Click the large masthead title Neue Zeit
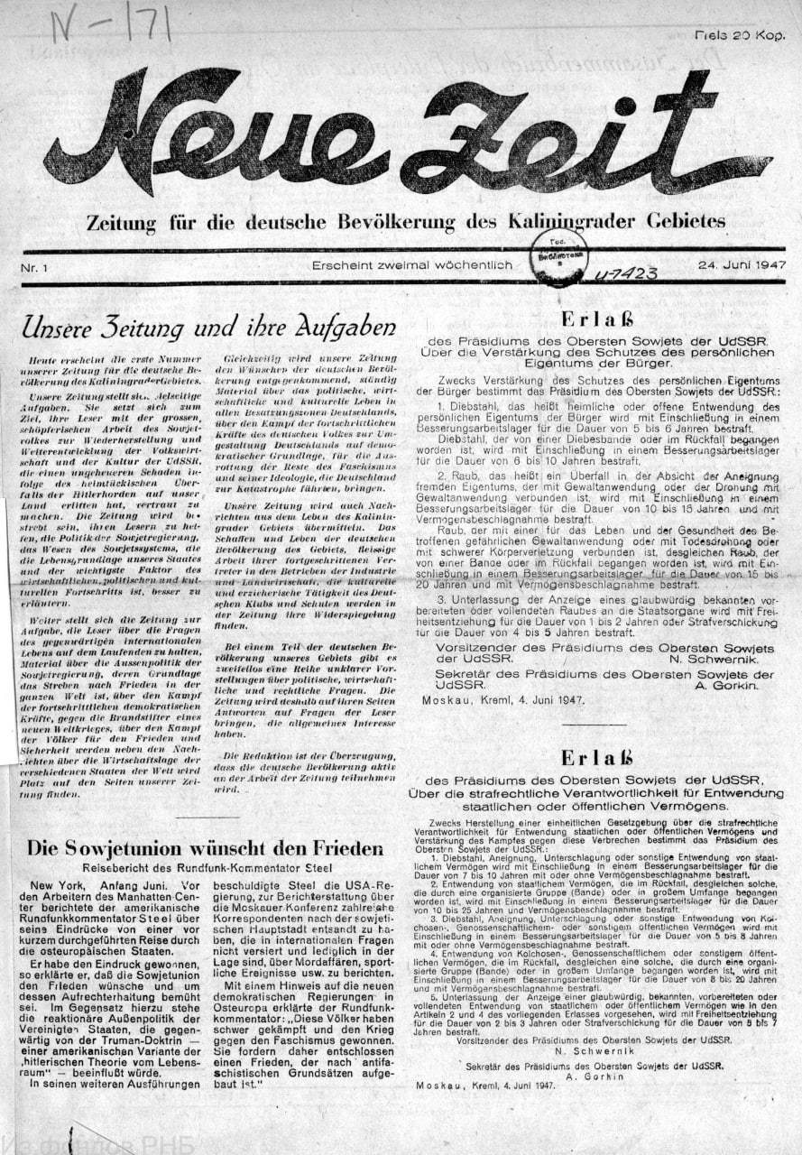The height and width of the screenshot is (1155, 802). click(x=406, y=135)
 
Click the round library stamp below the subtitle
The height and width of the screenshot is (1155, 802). click(x=558, y=256)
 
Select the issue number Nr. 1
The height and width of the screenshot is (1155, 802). click(x=37, y=268)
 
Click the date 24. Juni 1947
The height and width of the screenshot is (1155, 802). click(x=740, y=266)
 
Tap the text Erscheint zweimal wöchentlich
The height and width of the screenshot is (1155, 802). click(x=411, y=265)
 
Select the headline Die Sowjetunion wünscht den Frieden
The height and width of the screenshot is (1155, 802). click(x=205, y=848)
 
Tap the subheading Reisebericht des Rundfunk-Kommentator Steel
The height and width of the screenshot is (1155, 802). click(x=204, y=868)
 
